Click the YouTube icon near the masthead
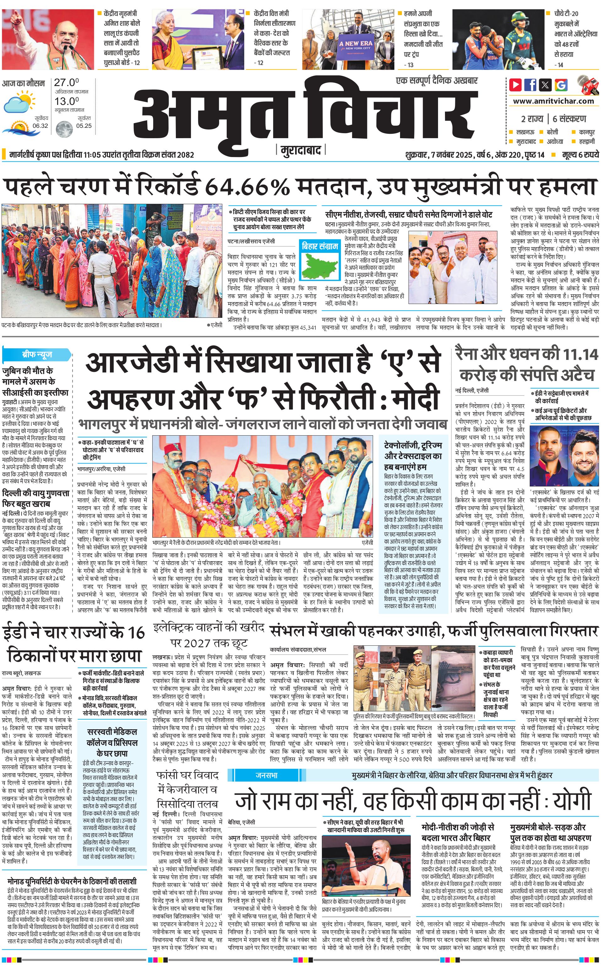(515, 85)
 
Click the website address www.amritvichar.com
(553, 101)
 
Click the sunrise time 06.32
(40, 126)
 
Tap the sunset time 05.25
(84, 126)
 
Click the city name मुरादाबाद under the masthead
(300, 150)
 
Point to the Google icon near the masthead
(561, 85)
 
